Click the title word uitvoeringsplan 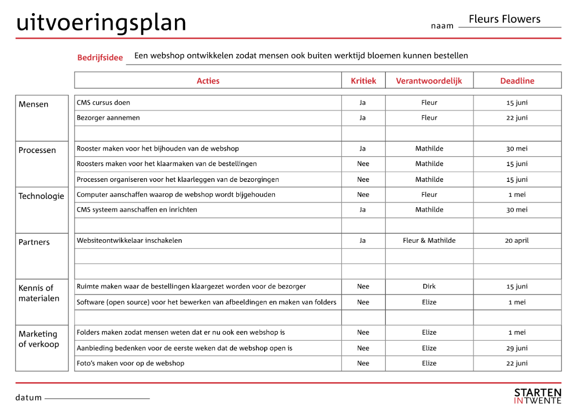tap(101, 22)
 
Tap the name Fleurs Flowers tap(504, 19)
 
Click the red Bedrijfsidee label tap(100, 58)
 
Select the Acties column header tap(208, 81)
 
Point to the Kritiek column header tap(363, 81)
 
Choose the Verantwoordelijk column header tap(429, 81)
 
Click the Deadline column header tap(517, 81)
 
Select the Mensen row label tap(33, 104)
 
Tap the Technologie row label tap(41, 196)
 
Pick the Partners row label tap(34, 242)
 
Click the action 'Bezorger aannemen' tap(108, 118)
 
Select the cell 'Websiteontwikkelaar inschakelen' tap(129, 241)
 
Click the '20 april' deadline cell tap(517, 241)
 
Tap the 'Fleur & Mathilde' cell tap(429, 241)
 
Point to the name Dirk tap(429, 287)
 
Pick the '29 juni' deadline tap(517, 348)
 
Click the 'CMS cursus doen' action tap(103, 102)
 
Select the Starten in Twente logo tap(538, 396)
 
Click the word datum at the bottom tap(28, 398)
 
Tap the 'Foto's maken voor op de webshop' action tap(130, 363)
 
